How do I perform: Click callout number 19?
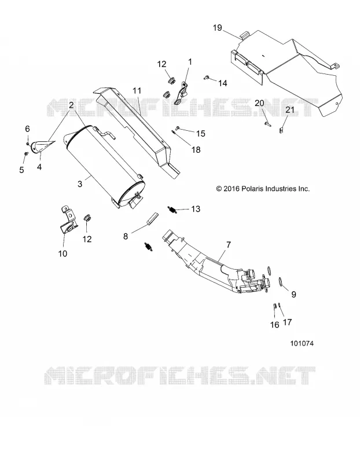tap(218, 28)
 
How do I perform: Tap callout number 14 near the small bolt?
tap(223, 83)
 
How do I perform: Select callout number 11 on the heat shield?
tap(137, 91)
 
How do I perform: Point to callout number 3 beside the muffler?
tap(80, 183)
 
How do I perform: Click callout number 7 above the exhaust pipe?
tap(229, 245)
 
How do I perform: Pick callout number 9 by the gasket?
tap(293, 294)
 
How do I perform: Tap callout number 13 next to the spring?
tap(196, 209)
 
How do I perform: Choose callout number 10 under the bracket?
tap(63, 253)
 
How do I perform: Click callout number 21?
tap(290, 109)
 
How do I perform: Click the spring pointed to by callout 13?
tap(172, 210)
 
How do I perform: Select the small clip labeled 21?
tap(281, 129)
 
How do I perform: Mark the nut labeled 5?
tap(26, 153)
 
